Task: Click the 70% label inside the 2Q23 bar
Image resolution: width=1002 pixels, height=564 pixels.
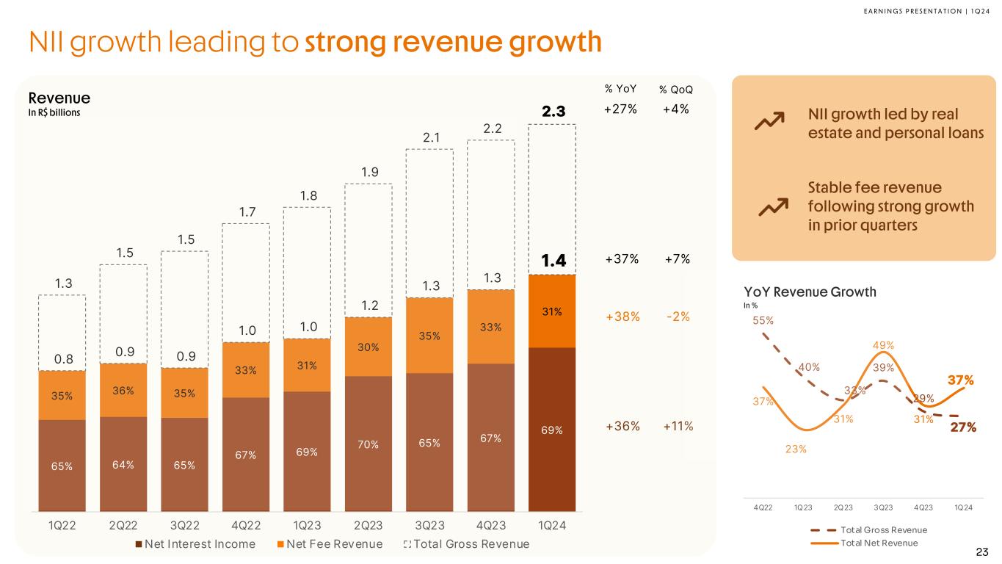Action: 368,444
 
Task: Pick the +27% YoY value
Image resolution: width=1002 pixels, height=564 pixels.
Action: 620,109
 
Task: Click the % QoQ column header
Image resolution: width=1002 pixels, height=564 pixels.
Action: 675,90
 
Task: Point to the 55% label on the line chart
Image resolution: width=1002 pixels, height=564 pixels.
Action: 763,320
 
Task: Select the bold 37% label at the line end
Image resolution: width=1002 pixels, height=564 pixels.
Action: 960,380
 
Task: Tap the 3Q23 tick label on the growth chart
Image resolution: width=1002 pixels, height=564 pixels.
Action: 883,506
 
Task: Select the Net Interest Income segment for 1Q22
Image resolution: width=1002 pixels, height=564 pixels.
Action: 62,465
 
